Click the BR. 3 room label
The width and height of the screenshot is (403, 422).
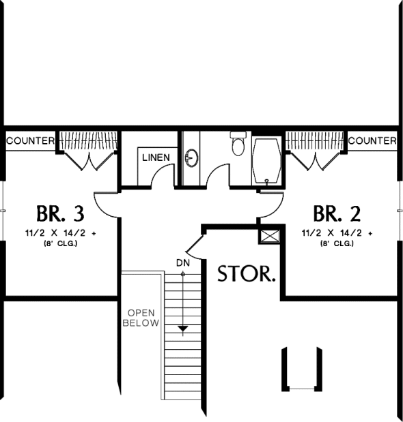point(60,213)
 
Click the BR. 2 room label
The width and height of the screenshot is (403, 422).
point(337,213)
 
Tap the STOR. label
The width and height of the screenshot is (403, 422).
point(247,274)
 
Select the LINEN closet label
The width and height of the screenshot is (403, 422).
point(156,157)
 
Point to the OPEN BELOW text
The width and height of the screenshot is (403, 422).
point(141,318)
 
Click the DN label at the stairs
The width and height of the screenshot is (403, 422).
point(183,262)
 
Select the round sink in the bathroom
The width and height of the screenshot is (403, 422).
point(191,158)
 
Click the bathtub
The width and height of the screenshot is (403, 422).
point(267,161)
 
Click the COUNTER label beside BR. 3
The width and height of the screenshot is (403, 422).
point(31,140)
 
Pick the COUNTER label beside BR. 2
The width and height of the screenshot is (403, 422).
point(372,140)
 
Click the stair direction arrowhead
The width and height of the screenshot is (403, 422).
point(183,329)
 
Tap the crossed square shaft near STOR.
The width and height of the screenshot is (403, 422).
point(270,237)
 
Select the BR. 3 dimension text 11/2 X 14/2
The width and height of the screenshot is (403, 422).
point(55,232)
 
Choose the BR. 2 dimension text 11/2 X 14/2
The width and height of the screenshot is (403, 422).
point(332,232)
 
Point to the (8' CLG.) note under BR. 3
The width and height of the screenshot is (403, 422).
point(60,244)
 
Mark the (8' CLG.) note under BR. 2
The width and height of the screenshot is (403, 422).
point(337,244)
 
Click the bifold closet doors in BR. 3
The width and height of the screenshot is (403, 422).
point(89,161)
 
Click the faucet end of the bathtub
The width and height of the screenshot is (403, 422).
point(267,181)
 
